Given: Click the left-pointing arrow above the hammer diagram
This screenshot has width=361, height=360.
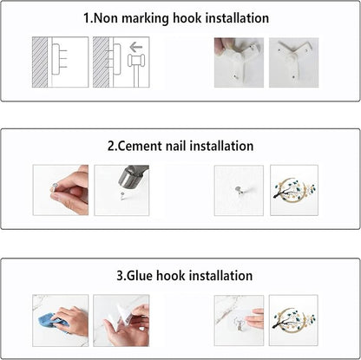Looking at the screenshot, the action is click(x=136, y=47).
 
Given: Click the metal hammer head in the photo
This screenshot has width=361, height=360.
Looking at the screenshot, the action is click(x=133, y=176).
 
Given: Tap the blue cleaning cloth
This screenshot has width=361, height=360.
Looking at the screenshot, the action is click(x=52, y=320).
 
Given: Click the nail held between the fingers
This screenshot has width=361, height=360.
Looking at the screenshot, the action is click(x=53, y=187).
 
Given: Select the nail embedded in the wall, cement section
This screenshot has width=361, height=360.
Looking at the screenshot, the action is click(x=239, y=190).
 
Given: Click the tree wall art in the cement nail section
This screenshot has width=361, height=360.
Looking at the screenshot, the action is click(x=294, y=189).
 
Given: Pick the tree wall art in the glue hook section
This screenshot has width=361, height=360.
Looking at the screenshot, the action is click(x=293, y=320).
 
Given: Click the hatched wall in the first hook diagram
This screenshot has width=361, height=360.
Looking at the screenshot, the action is click(x=40, y=62).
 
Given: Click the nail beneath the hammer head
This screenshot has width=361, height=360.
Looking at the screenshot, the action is click(x=122, y=196).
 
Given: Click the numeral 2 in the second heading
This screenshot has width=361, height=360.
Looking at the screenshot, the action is click(x=111, y=146).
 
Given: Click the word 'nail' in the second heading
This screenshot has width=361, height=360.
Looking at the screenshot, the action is click(x=175, y=146).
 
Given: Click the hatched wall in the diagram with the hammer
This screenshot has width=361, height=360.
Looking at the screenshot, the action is click(x=101, y=62).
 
